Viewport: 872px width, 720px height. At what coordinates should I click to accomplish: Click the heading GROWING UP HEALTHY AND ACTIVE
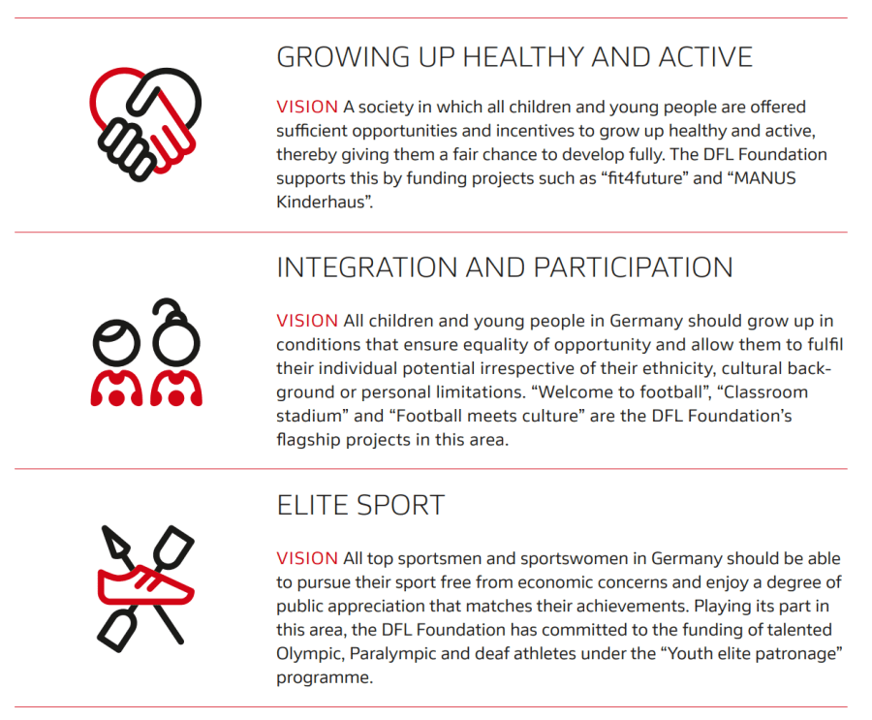click(x=514, y=57)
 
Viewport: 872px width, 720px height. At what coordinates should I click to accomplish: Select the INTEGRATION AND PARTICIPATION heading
click(x=505, y=267)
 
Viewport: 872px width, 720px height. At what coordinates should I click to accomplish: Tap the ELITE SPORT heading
click(x=360, y=505)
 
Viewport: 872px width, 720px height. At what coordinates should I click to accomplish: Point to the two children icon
click(x=145, y=353)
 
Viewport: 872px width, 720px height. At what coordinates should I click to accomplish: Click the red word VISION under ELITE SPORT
click(x=307, y=559)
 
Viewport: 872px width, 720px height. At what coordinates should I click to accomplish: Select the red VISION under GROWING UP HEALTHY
click(x=307, y=107)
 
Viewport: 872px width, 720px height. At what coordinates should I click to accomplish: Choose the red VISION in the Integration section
click(x=307, y=321)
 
